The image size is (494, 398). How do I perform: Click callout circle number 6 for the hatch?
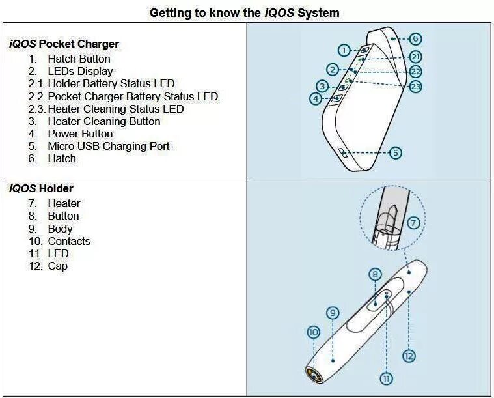click(416, 39)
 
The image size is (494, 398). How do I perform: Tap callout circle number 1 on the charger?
click(344, 50)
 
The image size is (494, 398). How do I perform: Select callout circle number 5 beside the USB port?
click(395, 153)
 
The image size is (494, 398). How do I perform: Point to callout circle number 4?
click(316, 99)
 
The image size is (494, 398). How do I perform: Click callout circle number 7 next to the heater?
click(414, 223)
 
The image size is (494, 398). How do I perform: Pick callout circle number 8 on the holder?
click(375, 274)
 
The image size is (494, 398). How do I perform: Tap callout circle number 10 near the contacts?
click(313, 332)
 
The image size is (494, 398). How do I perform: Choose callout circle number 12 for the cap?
click(409, 356)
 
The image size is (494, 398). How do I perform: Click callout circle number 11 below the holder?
click(387, 378)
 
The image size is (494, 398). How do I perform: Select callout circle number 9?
click(333, 313)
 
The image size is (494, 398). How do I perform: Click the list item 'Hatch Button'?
click(79, 59)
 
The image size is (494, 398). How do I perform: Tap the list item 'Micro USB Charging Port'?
click(108, 146)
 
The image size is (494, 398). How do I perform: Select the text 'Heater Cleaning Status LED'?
click(115, 109)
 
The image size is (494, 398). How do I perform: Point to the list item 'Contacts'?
click(69, 241)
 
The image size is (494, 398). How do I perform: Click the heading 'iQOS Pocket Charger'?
click(64, 44)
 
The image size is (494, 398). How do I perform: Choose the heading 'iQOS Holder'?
click(41, 189)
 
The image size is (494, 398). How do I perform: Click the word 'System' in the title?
click(318, 12)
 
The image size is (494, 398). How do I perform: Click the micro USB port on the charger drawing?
click(342, 152)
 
